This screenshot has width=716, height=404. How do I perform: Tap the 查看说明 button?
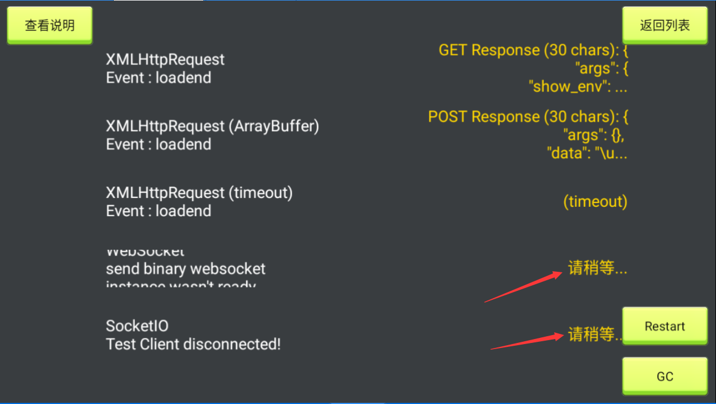49,25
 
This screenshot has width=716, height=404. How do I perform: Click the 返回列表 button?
665,25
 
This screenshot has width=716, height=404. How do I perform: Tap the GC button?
665,376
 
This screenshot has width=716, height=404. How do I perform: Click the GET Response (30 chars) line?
533,50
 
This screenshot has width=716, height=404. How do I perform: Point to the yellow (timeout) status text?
595,202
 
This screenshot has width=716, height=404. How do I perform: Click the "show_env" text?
578,87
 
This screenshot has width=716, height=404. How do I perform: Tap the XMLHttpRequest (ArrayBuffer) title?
212,127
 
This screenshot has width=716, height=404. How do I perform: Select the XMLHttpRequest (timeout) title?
199,193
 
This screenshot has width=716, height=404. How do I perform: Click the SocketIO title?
137,326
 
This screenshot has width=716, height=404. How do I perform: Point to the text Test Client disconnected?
193,344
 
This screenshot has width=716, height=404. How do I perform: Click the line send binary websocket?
185,269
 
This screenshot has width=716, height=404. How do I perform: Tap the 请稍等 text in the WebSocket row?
597,268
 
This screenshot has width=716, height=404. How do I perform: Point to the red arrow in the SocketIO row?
527,342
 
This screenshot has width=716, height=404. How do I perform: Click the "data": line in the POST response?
587,153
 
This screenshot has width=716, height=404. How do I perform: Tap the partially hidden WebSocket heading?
145,252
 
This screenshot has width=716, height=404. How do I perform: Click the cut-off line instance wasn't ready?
180,285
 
